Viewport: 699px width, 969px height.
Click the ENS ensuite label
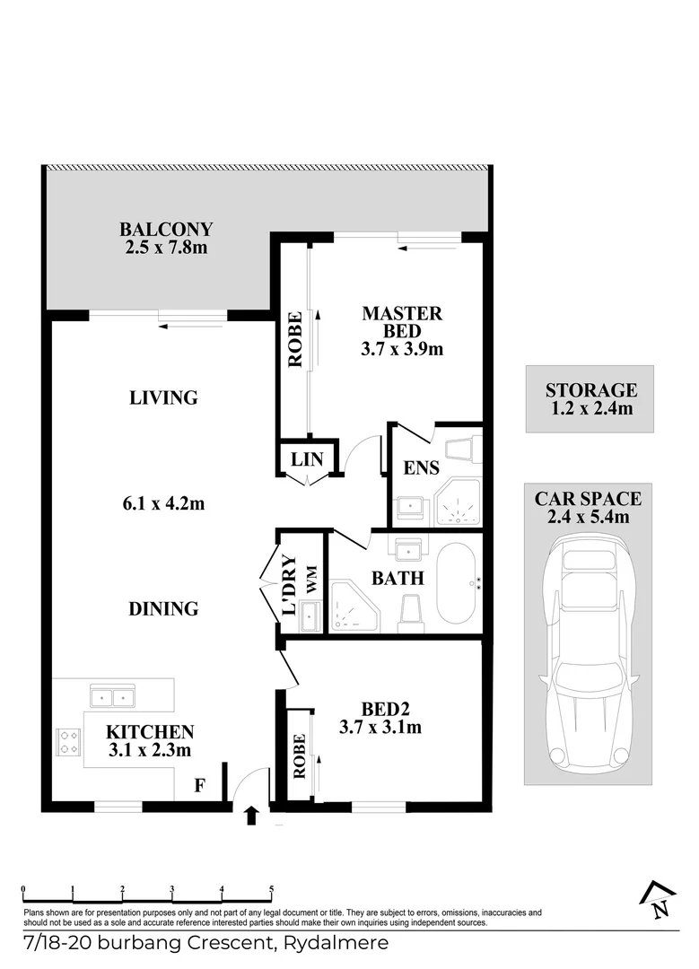coord(423,467)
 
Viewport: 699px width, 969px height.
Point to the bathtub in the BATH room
coord(459,583)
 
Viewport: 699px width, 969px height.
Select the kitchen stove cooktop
coord(68,742)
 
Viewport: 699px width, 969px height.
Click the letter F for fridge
coord(201,787)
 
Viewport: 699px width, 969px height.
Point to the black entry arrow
coord(252,814)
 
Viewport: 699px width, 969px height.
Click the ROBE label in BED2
coord(299,755)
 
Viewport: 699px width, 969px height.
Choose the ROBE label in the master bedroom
coord(294,341)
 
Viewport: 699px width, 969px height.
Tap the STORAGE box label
coord(590,390)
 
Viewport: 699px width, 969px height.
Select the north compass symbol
coord(659,899)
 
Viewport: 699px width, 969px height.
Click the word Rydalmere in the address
coord(336,943)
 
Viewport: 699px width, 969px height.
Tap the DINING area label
coord(162,608)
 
